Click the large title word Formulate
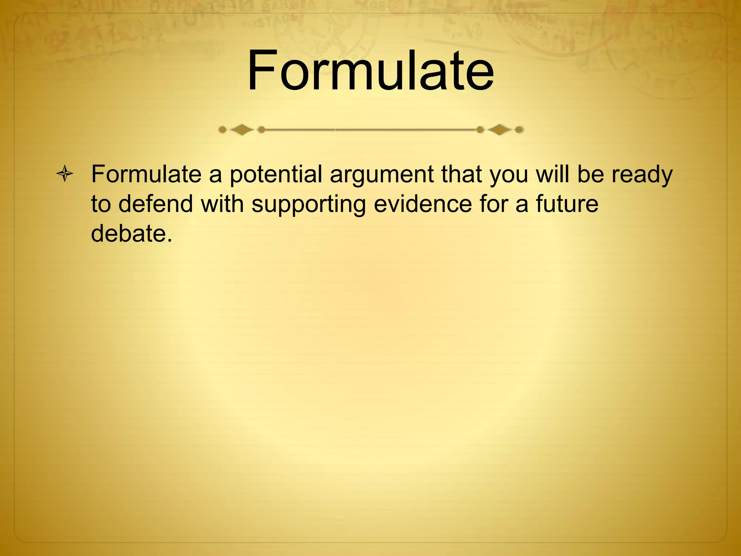tap(370, 71)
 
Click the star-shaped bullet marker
tap(65, 174)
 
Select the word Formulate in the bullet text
tap(146, 174)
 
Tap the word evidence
tap(423, 204)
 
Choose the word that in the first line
tap(461, 174)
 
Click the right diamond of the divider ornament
tap(499, 129)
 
